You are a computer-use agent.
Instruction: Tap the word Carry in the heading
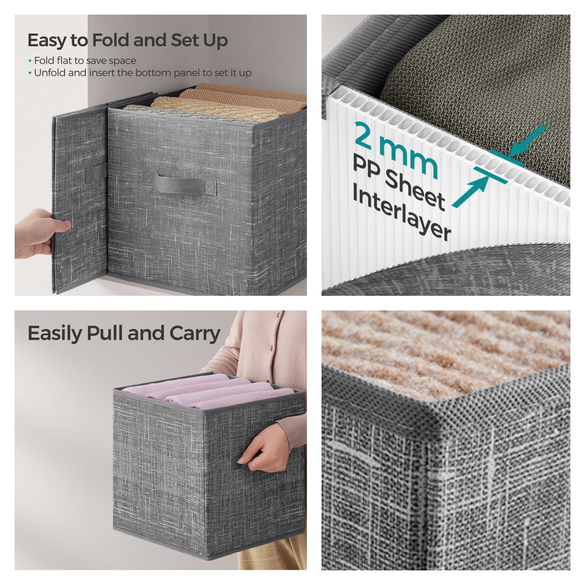coord(195,333)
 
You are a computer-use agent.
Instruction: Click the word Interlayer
coord(402,216)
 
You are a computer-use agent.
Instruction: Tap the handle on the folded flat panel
coord(96,173)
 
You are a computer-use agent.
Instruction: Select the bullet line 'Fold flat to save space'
coord(82,61)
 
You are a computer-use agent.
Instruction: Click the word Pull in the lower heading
coord(105,333)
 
